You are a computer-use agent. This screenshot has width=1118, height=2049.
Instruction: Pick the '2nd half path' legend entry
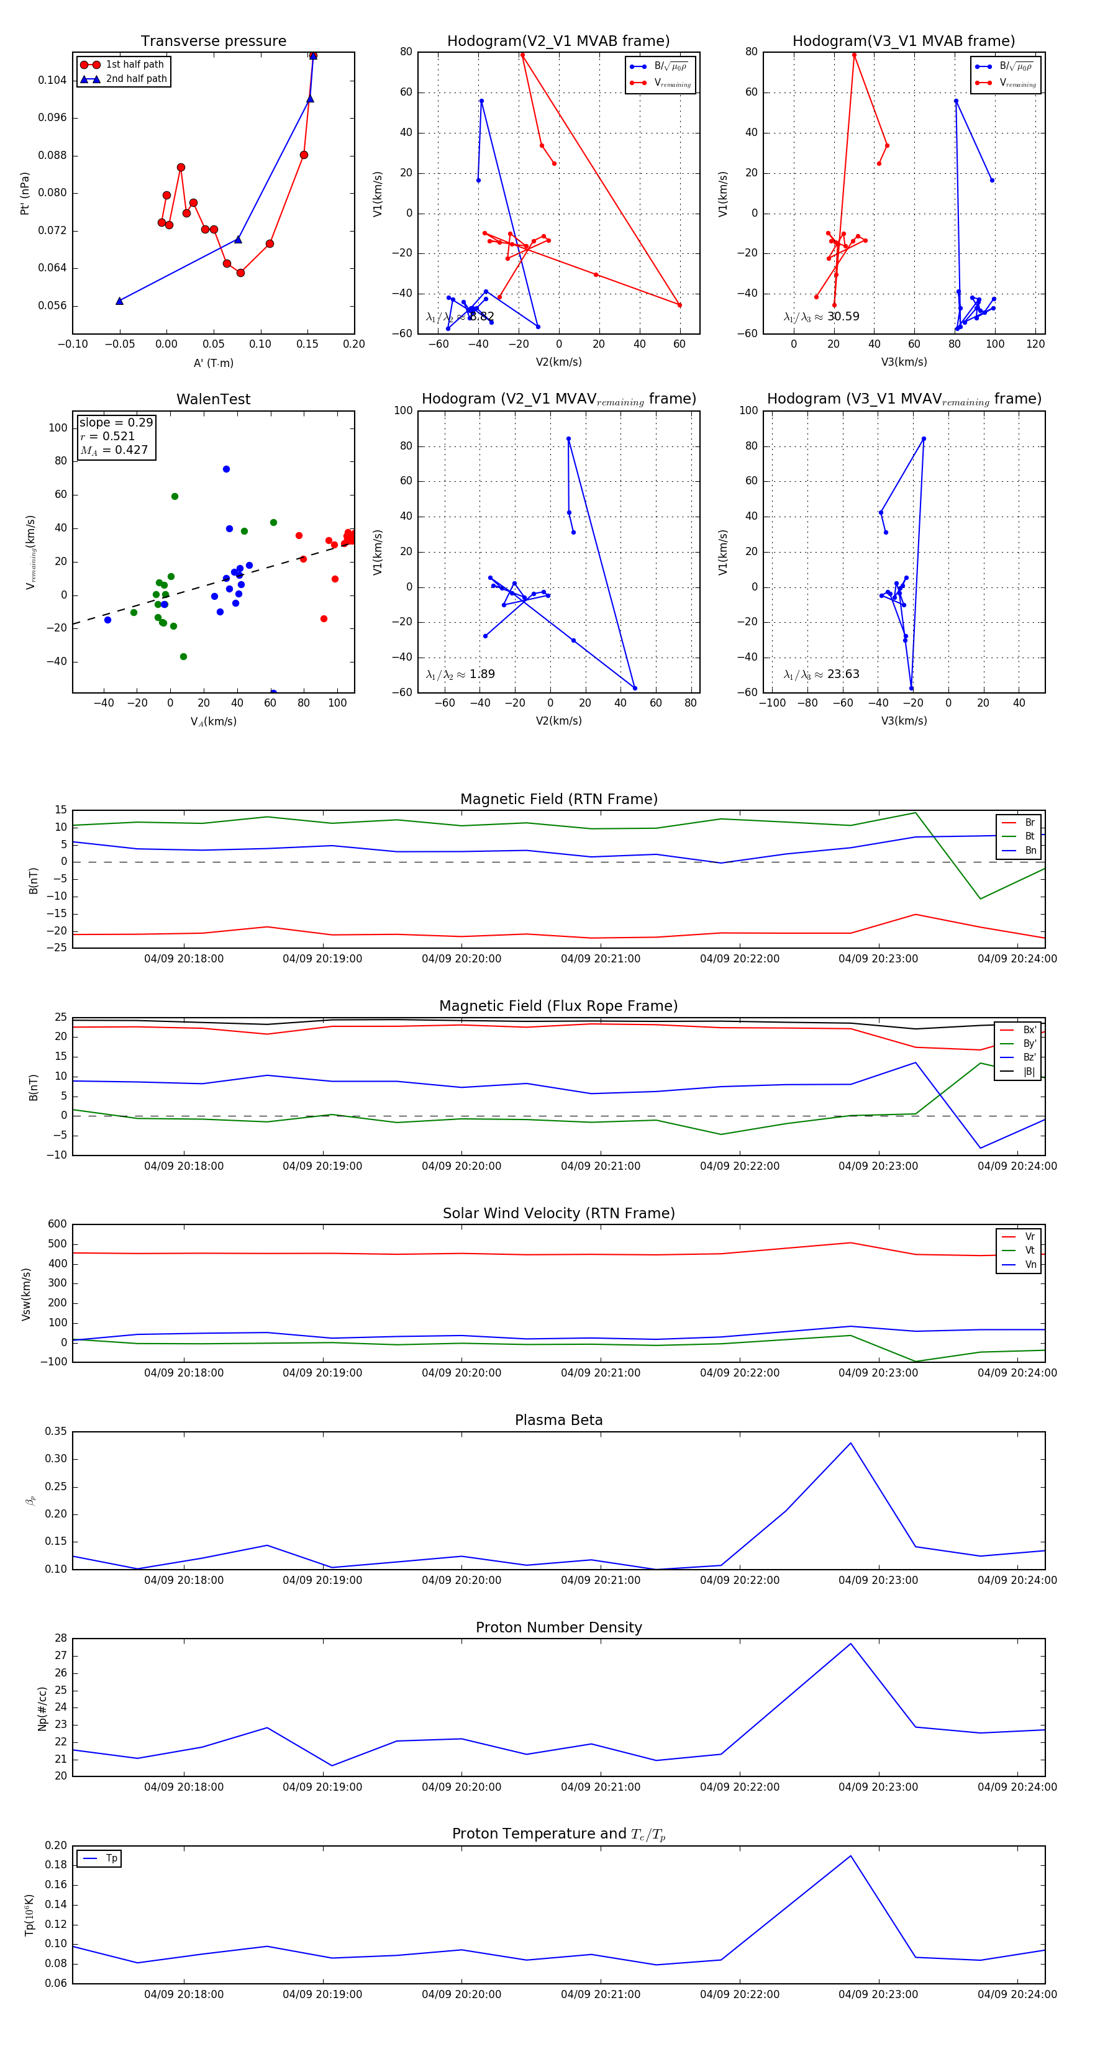pyautogui.click(x=136, y=79)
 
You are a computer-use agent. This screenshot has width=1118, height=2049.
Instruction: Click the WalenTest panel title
pyautogui.click(x=213, y=399)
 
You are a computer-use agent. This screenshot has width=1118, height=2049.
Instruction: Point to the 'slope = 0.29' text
pyautogui.click(x=116, y=422)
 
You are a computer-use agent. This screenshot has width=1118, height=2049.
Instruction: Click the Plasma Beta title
pyautogui.click(x=558, y=1420)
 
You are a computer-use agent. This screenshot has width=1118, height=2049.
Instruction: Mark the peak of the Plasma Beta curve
pyautogui.click(x=851, y=1443)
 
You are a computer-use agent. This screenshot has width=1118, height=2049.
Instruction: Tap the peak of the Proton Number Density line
pyautogui.click(x=851, y=1644)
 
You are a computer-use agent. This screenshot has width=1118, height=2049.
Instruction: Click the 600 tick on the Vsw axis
pyautogui.click(x=57, y=1224)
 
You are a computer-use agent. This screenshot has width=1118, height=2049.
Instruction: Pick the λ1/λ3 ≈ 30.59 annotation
pyautogui.click(x=821, y=317)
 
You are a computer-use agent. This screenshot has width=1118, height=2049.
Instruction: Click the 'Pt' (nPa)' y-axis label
pyautogui.click(x=25, y=193)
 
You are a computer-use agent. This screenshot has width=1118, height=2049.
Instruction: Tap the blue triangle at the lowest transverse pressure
pyautogui.click(x=119, y=301)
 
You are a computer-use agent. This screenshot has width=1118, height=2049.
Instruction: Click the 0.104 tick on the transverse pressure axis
pyautogui.click(x=53, y=80)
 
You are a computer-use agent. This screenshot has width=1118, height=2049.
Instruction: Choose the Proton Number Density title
pyautogui.click(x=558, y=1627)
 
